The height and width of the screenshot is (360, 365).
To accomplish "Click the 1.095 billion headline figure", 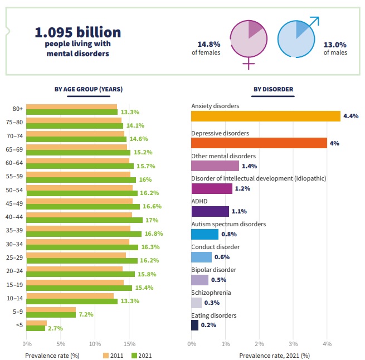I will [78, 32].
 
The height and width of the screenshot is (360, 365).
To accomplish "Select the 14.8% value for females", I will [208, 45].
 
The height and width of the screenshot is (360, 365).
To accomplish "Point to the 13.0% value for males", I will [335, 45].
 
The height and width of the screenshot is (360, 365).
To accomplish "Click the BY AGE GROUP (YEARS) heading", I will [88, 89].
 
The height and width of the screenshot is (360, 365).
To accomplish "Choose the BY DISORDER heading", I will [273, 89].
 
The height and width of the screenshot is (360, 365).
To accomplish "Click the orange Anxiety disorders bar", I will [265, 116].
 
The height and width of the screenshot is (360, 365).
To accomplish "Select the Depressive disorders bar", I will [259, 143].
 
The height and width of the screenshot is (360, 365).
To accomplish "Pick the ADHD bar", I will [210, 211].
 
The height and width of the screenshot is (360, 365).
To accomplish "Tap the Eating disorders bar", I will [194, 325].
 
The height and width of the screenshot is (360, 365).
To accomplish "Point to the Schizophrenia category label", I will [211, 293].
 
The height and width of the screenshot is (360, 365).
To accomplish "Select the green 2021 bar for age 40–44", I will [85, 220].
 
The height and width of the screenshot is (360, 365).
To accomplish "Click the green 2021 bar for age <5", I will [36, 328].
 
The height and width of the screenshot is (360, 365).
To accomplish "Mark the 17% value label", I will [151, 220].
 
